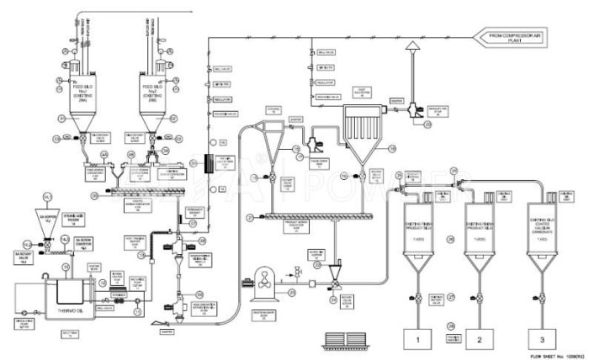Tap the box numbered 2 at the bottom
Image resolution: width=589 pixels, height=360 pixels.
[x=479, y=339]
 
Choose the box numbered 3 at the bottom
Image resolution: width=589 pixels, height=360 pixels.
[x=542, y=339]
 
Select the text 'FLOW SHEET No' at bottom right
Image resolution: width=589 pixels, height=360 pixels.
[x=539, y=356]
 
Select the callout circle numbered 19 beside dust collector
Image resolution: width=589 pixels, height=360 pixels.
[x=390, y=148]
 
